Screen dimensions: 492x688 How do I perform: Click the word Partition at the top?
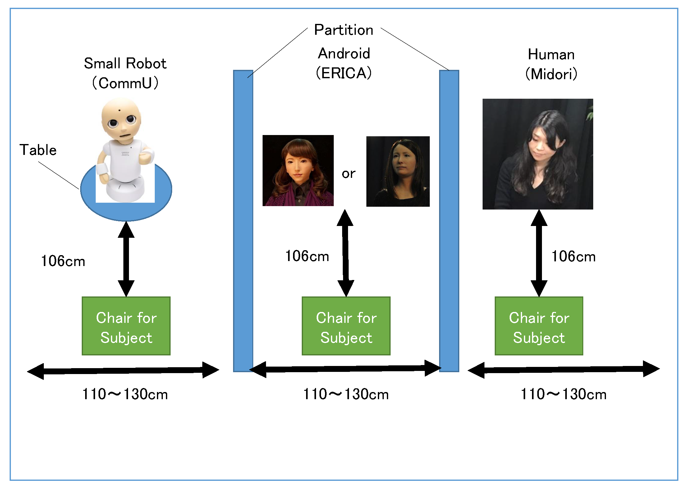[x=343, y=30]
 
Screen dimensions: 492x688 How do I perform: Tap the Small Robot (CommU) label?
[x=125, y=73]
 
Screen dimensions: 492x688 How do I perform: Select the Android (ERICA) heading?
[x=344, y=63]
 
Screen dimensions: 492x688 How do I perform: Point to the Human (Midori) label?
[x=551, y=64]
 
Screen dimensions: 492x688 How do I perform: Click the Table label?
[x=38, y=150]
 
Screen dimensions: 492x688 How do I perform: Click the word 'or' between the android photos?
[x=348, y=174]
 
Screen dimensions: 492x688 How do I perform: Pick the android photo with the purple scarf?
[x=298, y=170]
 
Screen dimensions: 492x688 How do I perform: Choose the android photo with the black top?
[x=398, y=171]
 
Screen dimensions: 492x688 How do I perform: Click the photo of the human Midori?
[x=538, y=154]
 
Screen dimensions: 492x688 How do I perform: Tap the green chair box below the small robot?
[x=126, y=326]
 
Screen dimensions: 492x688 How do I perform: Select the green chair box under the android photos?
[x=346, y=326]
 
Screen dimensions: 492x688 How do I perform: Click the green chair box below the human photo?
[x=539, y=326]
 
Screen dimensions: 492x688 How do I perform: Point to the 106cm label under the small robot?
[x=63, y=261]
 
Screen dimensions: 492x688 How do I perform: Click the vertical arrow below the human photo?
[x=539, y=253]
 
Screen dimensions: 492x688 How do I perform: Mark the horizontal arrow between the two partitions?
[x=345, y=369]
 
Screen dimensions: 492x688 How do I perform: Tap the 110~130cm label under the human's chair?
[x=563, y=394]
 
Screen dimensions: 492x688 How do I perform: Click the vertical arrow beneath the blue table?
[x=126, y=259]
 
